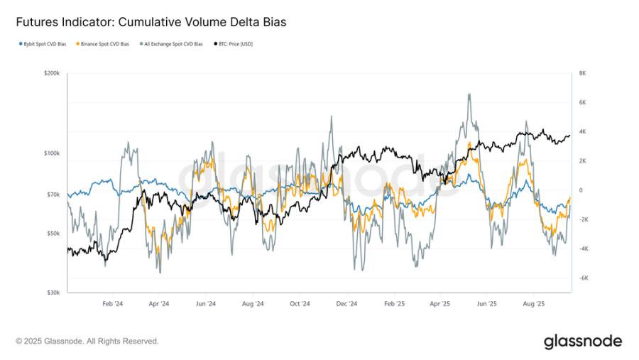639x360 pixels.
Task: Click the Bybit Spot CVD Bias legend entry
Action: tap(43, 44)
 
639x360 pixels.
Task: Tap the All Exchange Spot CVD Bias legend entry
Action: tap(173, 44)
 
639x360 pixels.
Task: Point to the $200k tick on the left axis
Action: tap(52, 73)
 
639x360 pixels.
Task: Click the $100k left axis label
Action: tap(52, 153)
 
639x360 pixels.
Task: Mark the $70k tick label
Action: tap(53, 194)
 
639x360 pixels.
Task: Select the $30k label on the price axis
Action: tap(53, 292)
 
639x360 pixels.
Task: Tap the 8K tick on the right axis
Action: tap(582, 73)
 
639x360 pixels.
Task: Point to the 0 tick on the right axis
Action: tap(580, 190)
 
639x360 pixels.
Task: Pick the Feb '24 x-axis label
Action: tap(113, 303)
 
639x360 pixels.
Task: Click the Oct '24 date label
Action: tap(300, 303)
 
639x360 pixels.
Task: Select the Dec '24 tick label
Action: tap(346, 303)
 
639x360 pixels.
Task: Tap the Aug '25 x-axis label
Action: tap(533, 303)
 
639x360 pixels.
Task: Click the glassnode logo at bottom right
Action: tap(582, 342)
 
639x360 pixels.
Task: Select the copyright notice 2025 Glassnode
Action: tap(87, 342)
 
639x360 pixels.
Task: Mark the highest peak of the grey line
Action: tap(469, 94)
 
